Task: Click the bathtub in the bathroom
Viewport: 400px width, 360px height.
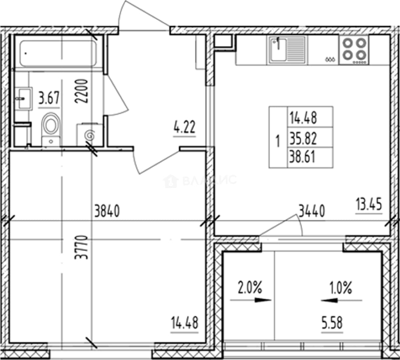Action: (x=58, y=53)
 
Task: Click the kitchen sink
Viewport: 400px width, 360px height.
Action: (x=287, y=50)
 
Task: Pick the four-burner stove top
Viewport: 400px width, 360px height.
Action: (x=354, y=50)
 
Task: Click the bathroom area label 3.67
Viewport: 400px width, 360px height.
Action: (x=49, y=98)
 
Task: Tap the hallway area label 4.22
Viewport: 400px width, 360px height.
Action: (x=184, y=127)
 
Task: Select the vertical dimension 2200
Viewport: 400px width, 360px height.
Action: (x=81, y=91)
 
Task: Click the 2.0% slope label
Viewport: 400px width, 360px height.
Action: (x=249, y=287)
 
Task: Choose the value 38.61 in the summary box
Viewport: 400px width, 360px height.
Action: (x=302, y=157)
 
